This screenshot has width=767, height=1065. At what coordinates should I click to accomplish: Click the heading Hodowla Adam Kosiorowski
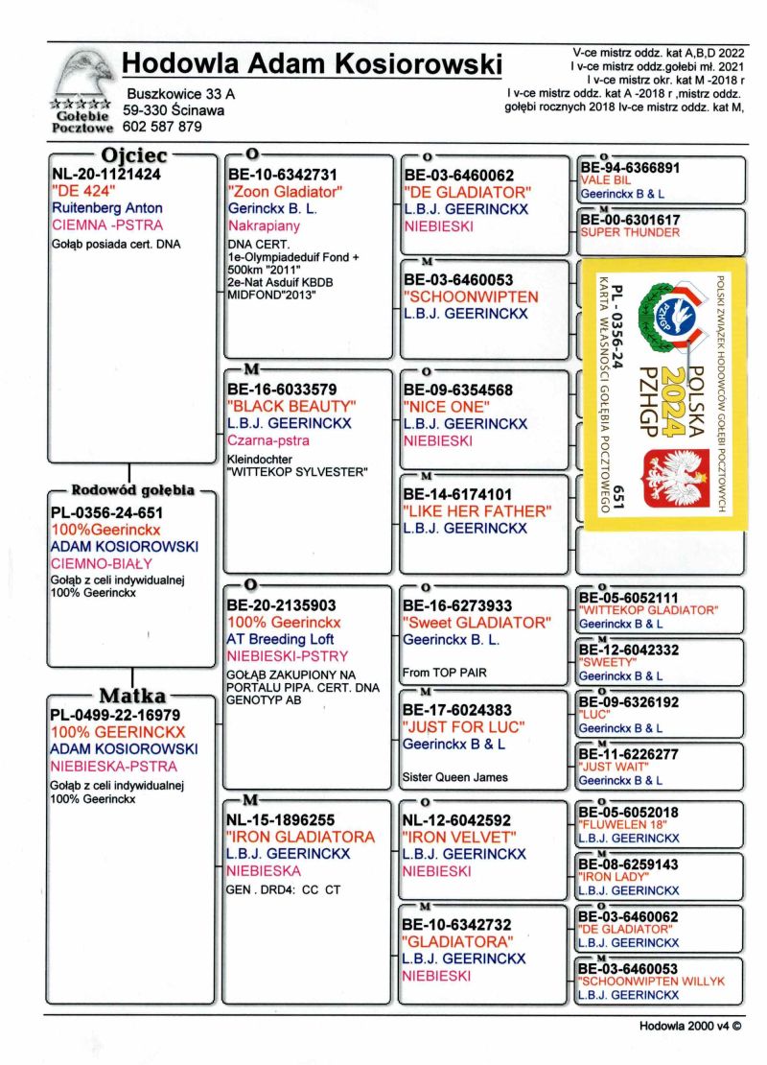click(x=313, y=65)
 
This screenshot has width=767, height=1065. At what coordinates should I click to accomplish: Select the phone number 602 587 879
click(x=162, y=126)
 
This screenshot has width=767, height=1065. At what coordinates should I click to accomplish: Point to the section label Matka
click(x=133, y=696)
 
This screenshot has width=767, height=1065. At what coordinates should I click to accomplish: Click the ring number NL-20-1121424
click(x=105, y=175)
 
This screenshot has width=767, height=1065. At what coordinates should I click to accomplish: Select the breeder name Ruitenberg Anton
click(x=106, y=207)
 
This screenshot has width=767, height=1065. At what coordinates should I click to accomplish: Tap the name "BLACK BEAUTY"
click(x=291, y=406)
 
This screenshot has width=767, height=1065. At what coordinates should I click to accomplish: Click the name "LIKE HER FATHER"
click(x=477, y=510)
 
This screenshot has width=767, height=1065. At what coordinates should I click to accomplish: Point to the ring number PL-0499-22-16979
click(x=117, y=715)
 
